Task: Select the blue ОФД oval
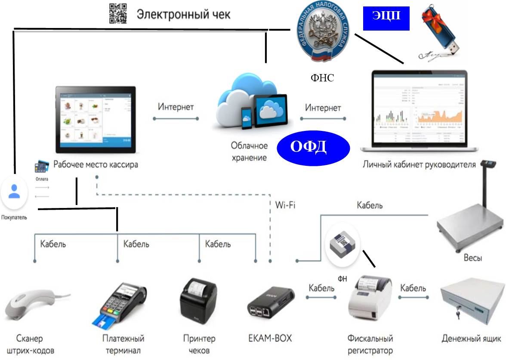point(312,147)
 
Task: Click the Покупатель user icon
point(14,192)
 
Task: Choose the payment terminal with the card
point(120,304)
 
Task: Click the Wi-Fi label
point(285,205)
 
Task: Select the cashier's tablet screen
point(96,120)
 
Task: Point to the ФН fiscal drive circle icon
point(342,246)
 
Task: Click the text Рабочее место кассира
point(96,164)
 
